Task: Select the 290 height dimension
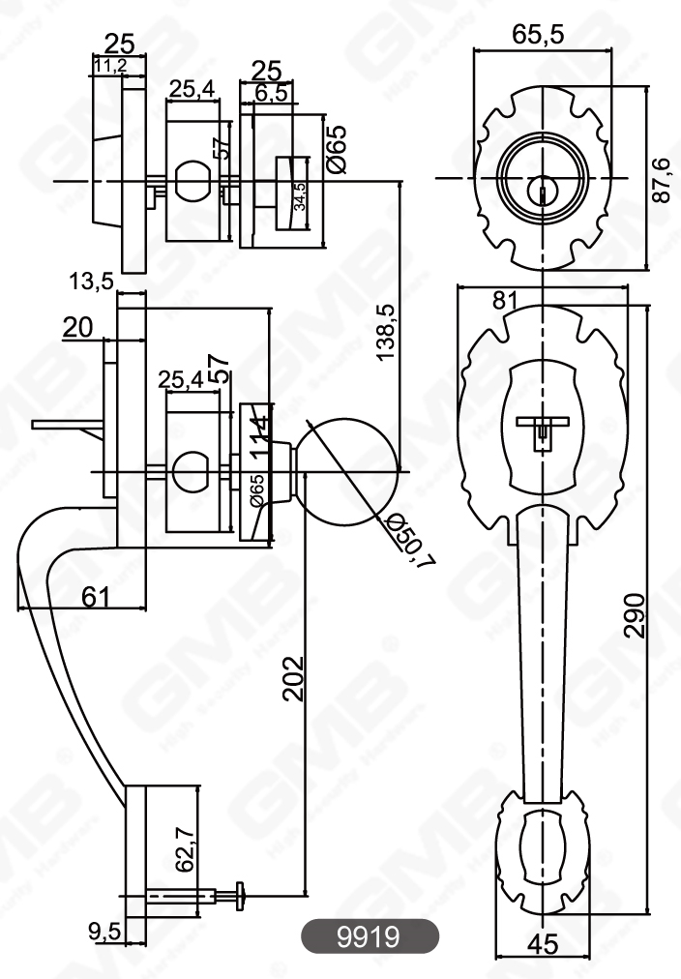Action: [x=634, y=615]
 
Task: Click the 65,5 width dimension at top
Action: [x=537, y=35]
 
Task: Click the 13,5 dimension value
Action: [x=91, y=282]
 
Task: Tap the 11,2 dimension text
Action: [x=112, y=65]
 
